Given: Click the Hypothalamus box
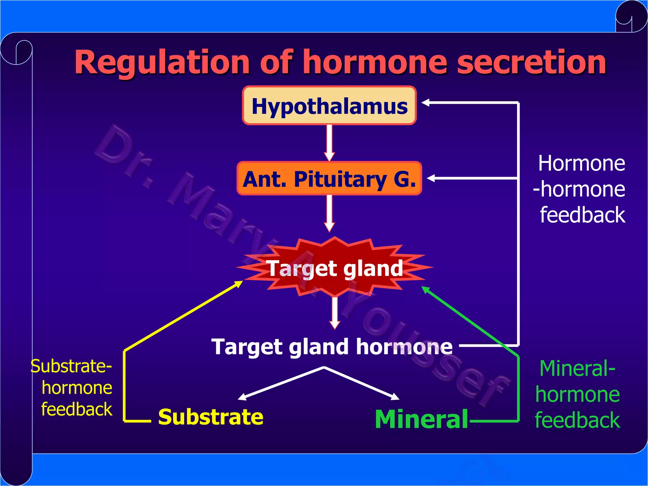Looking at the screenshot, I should click(x=329, y=105).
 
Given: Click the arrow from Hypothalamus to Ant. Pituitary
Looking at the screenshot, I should click(x=329, y=142).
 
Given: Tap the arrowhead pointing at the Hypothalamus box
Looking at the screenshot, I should click(x=426, y=103).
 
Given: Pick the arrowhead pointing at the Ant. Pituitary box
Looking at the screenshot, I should click(x=431, y=178).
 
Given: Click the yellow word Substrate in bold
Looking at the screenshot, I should click(x=210, y=417).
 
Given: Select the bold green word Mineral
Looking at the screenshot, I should click(x=421, y=419).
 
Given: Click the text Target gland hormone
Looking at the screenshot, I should click(x=332, y=346).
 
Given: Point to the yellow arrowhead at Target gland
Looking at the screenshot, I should click(x=239, y=283).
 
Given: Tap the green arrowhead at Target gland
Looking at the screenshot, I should click(x=426, y=290).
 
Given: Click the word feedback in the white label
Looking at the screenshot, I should click(x=582, y=215).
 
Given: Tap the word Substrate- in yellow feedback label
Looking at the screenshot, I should click(x=71, y=366).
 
